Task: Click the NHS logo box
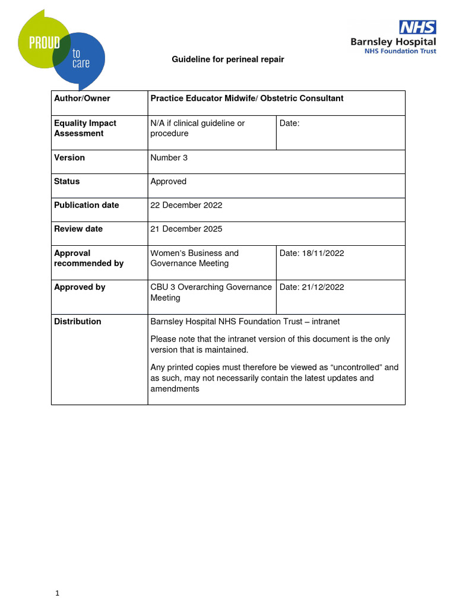(417, 27)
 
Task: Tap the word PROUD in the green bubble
(39, 43)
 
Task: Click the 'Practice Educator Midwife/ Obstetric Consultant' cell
(247, 99)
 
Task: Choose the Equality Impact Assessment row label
(85, 128)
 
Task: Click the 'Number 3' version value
(169, 158)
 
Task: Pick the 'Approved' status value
(169, 182)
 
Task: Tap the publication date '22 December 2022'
(186, 205)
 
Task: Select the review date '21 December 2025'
(186, 229)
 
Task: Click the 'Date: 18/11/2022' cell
(312, 254)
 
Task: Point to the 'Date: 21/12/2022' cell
(312, 287)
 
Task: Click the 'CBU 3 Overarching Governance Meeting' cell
(211, 292)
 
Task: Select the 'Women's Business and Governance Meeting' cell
(195, 258)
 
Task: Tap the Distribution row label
(78, 322)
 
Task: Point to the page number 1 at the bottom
(58, 593)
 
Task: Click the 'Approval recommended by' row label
(89, 258)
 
